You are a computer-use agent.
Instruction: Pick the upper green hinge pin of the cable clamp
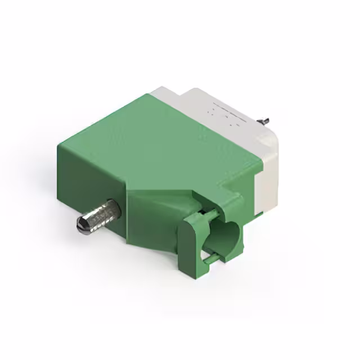202,213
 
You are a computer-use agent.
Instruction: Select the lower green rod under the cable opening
209,258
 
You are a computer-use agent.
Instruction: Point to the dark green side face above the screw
90,174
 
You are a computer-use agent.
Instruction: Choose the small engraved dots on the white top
222,112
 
